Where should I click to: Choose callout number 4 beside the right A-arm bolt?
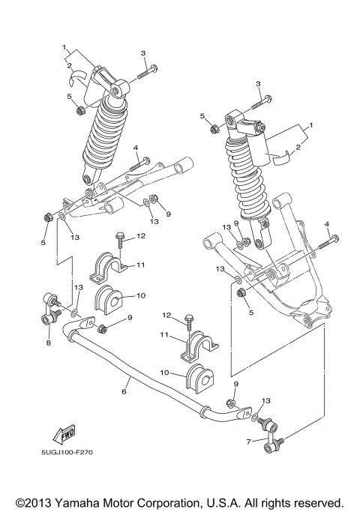tap(326, 223)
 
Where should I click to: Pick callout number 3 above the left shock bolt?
tap(142, 52)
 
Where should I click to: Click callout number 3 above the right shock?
tap(257, 83)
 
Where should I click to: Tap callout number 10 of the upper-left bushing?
tap(139, 295)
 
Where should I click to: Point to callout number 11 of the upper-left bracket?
tap(139, 265)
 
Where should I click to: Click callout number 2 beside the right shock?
tap(298, 148)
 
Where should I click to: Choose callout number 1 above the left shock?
tap(66, 46)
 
